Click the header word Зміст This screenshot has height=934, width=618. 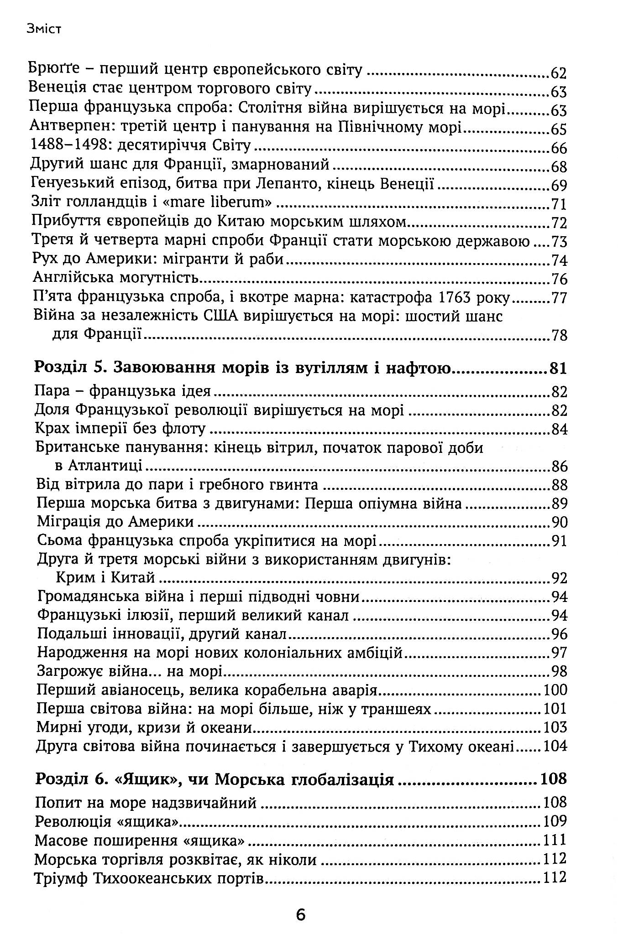point(43,30)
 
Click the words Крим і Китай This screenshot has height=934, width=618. point(105,578)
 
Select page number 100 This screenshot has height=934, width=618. point(555,690)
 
